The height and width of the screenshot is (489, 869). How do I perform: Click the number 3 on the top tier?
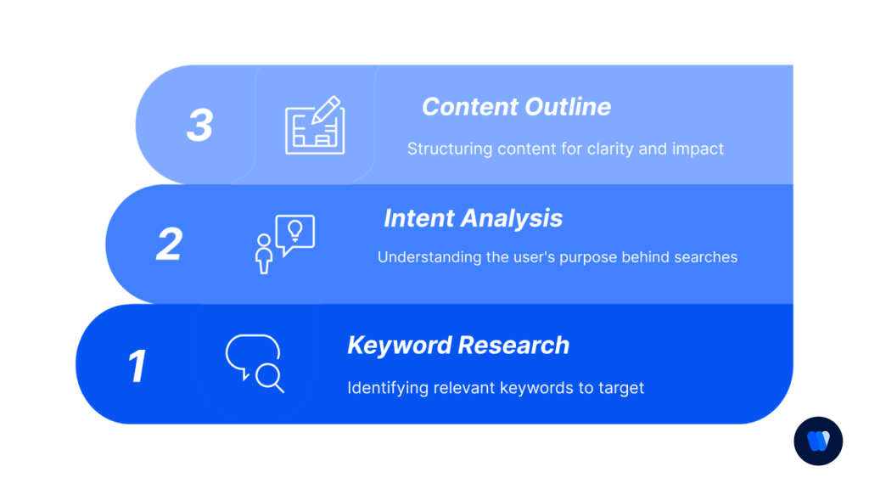coord(199,126)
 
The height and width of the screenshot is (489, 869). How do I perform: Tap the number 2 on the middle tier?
coord(170,244)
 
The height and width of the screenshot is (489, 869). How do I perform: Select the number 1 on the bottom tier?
coord(137,366)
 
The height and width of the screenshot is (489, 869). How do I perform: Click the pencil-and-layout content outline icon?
coord(314,126)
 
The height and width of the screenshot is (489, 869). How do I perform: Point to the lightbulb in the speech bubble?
coord(295,229)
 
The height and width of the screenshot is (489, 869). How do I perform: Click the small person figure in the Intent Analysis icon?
coord(264,254)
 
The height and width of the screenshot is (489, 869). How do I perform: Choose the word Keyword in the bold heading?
coord(399,346)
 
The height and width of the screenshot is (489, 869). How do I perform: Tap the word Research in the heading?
coord(515,346)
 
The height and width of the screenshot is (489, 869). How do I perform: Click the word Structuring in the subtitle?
coord(450,149)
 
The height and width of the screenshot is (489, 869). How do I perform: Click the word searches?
coord(706,256)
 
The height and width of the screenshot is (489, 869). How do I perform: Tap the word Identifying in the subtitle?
coord(387,388)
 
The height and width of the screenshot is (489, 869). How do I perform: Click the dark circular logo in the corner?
coord(818,441)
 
